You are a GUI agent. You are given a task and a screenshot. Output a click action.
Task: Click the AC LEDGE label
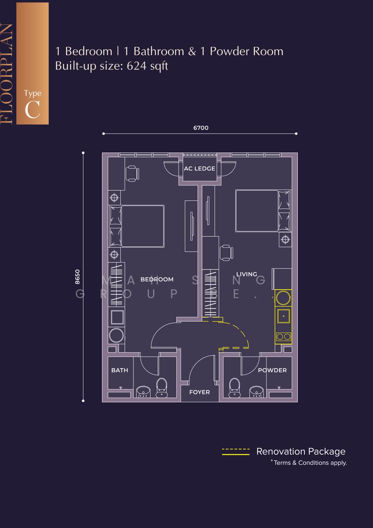coord(199,169)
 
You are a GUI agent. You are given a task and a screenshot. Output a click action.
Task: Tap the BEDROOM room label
coord(157,279)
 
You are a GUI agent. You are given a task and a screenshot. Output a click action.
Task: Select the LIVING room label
coord(247,274)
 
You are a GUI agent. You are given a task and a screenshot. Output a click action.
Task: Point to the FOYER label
coord(199,392)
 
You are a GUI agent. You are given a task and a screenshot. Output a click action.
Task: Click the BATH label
coord(120,370)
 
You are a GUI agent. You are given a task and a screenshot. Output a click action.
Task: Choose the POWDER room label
coord(272,370)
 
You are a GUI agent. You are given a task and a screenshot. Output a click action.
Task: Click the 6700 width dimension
coord(201,128)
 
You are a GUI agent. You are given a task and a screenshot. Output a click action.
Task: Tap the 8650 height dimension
coord(77,277)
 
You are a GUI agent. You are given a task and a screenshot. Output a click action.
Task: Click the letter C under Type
coord(32,109)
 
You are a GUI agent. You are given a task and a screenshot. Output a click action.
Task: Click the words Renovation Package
coord(301,451)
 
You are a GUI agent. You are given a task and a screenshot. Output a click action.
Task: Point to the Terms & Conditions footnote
coord(309,463)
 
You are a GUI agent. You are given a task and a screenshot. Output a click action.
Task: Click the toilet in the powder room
coord(234,388)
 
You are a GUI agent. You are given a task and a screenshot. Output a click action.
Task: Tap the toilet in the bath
coord(162,388)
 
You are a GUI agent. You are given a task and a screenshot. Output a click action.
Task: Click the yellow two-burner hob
coord(284,337)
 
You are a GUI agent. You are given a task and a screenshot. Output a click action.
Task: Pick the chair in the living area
coord(226,253)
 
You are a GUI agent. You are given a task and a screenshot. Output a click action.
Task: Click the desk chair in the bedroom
coord(132,174)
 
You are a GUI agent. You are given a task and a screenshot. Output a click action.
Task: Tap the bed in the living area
coord(263,211)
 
